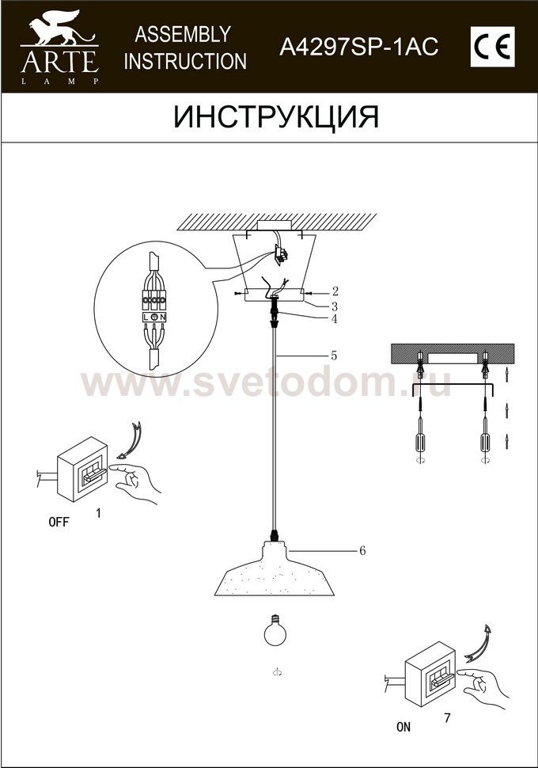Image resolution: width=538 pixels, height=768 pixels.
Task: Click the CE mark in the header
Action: pos(492,47)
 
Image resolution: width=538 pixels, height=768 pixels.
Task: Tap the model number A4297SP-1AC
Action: pos(359,48)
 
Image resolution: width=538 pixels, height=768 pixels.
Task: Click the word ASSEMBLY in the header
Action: pos(183,34)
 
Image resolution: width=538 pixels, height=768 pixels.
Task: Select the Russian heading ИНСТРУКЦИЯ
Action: pos(276,117)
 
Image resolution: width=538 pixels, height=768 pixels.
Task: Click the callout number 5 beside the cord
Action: pos(334,355)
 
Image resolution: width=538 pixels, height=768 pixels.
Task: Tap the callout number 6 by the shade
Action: pos(362,550)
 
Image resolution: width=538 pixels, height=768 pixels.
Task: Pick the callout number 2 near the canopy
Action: pos(335,291)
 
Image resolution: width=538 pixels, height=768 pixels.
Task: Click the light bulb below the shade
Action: pos(275,630)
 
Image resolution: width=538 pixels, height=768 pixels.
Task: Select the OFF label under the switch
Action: pos(59,522)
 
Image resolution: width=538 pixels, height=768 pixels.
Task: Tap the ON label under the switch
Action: pos(403,728)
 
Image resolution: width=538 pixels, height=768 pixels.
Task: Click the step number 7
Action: pos(447,719)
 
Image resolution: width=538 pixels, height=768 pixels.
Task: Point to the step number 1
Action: pos(98,513)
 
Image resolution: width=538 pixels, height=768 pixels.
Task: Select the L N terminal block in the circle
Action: pos(154,317)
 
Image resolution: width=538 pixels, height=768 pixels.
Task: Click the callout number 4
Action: pos(334,319)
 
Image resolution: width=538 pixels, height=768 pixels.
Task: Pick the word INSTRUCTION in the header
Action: pos(185,62)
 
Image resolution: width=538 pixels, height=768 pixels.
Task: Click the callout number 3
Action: pos(335,306)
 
